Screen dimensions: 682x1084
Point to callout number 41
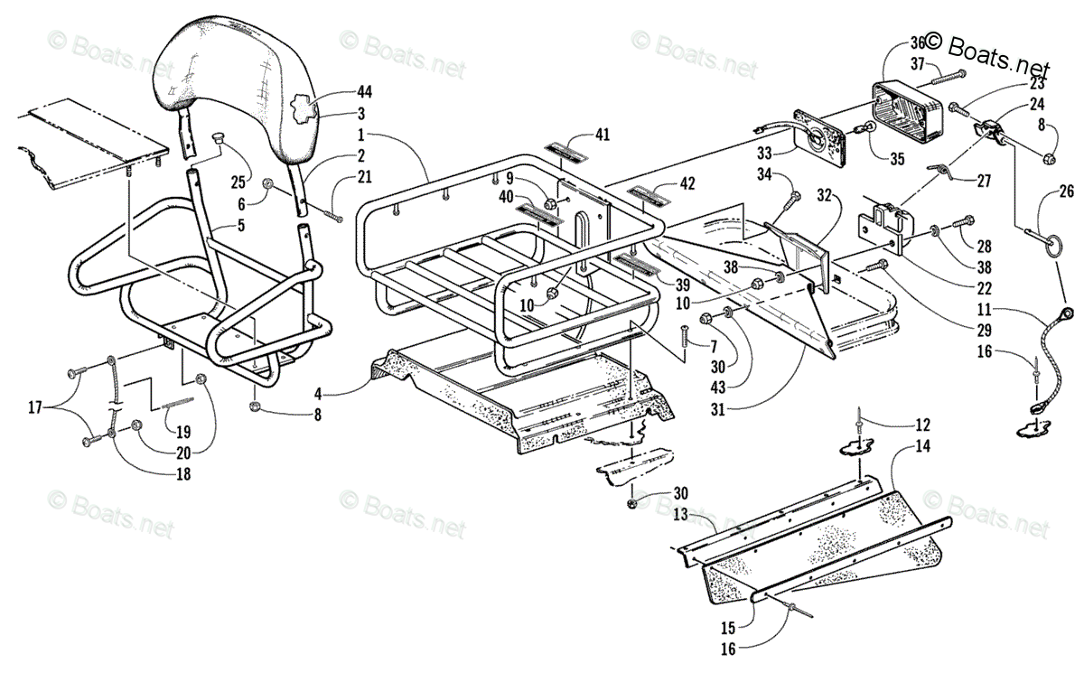pos(603,135)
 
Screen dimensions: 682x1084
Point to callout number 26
pos(1067,192)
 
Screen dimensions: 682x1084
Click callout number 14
pos(921,445)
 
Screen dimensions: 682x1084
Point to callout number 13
pos(681,514)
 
